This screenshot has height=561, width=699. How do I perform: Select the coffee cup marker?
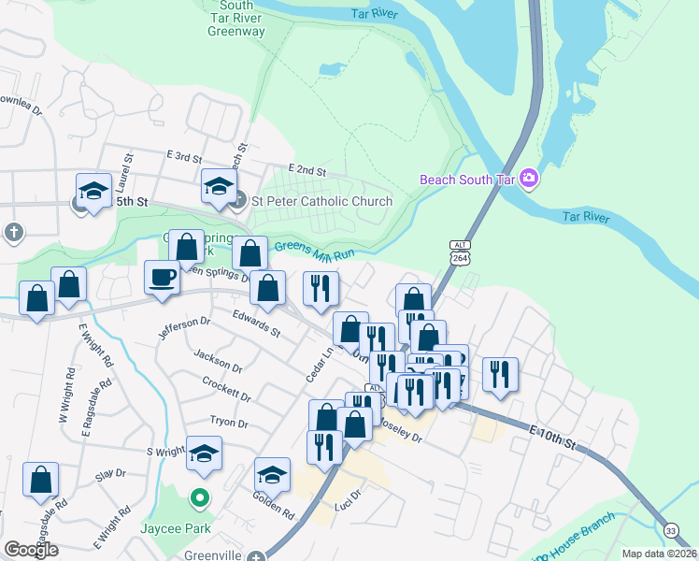tap(162, 277)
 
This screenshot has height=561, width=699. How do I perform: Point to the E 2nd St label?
tap(307, 171)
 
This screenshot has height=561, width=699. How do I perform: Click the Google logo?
tap(32, 549)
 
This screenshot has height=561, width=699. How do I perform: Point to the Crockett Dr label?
tap(227, 389)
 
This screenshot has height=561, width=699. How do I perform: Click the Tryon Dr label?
tap(229, 424)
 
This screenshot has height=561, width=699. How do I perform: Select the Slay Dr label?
tap(109, 475)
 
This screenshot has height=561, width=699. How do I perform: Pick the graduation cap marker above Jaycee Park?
tap(204, 453)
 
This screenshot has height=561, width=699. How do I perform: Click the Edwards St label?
tap(256, 324)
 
